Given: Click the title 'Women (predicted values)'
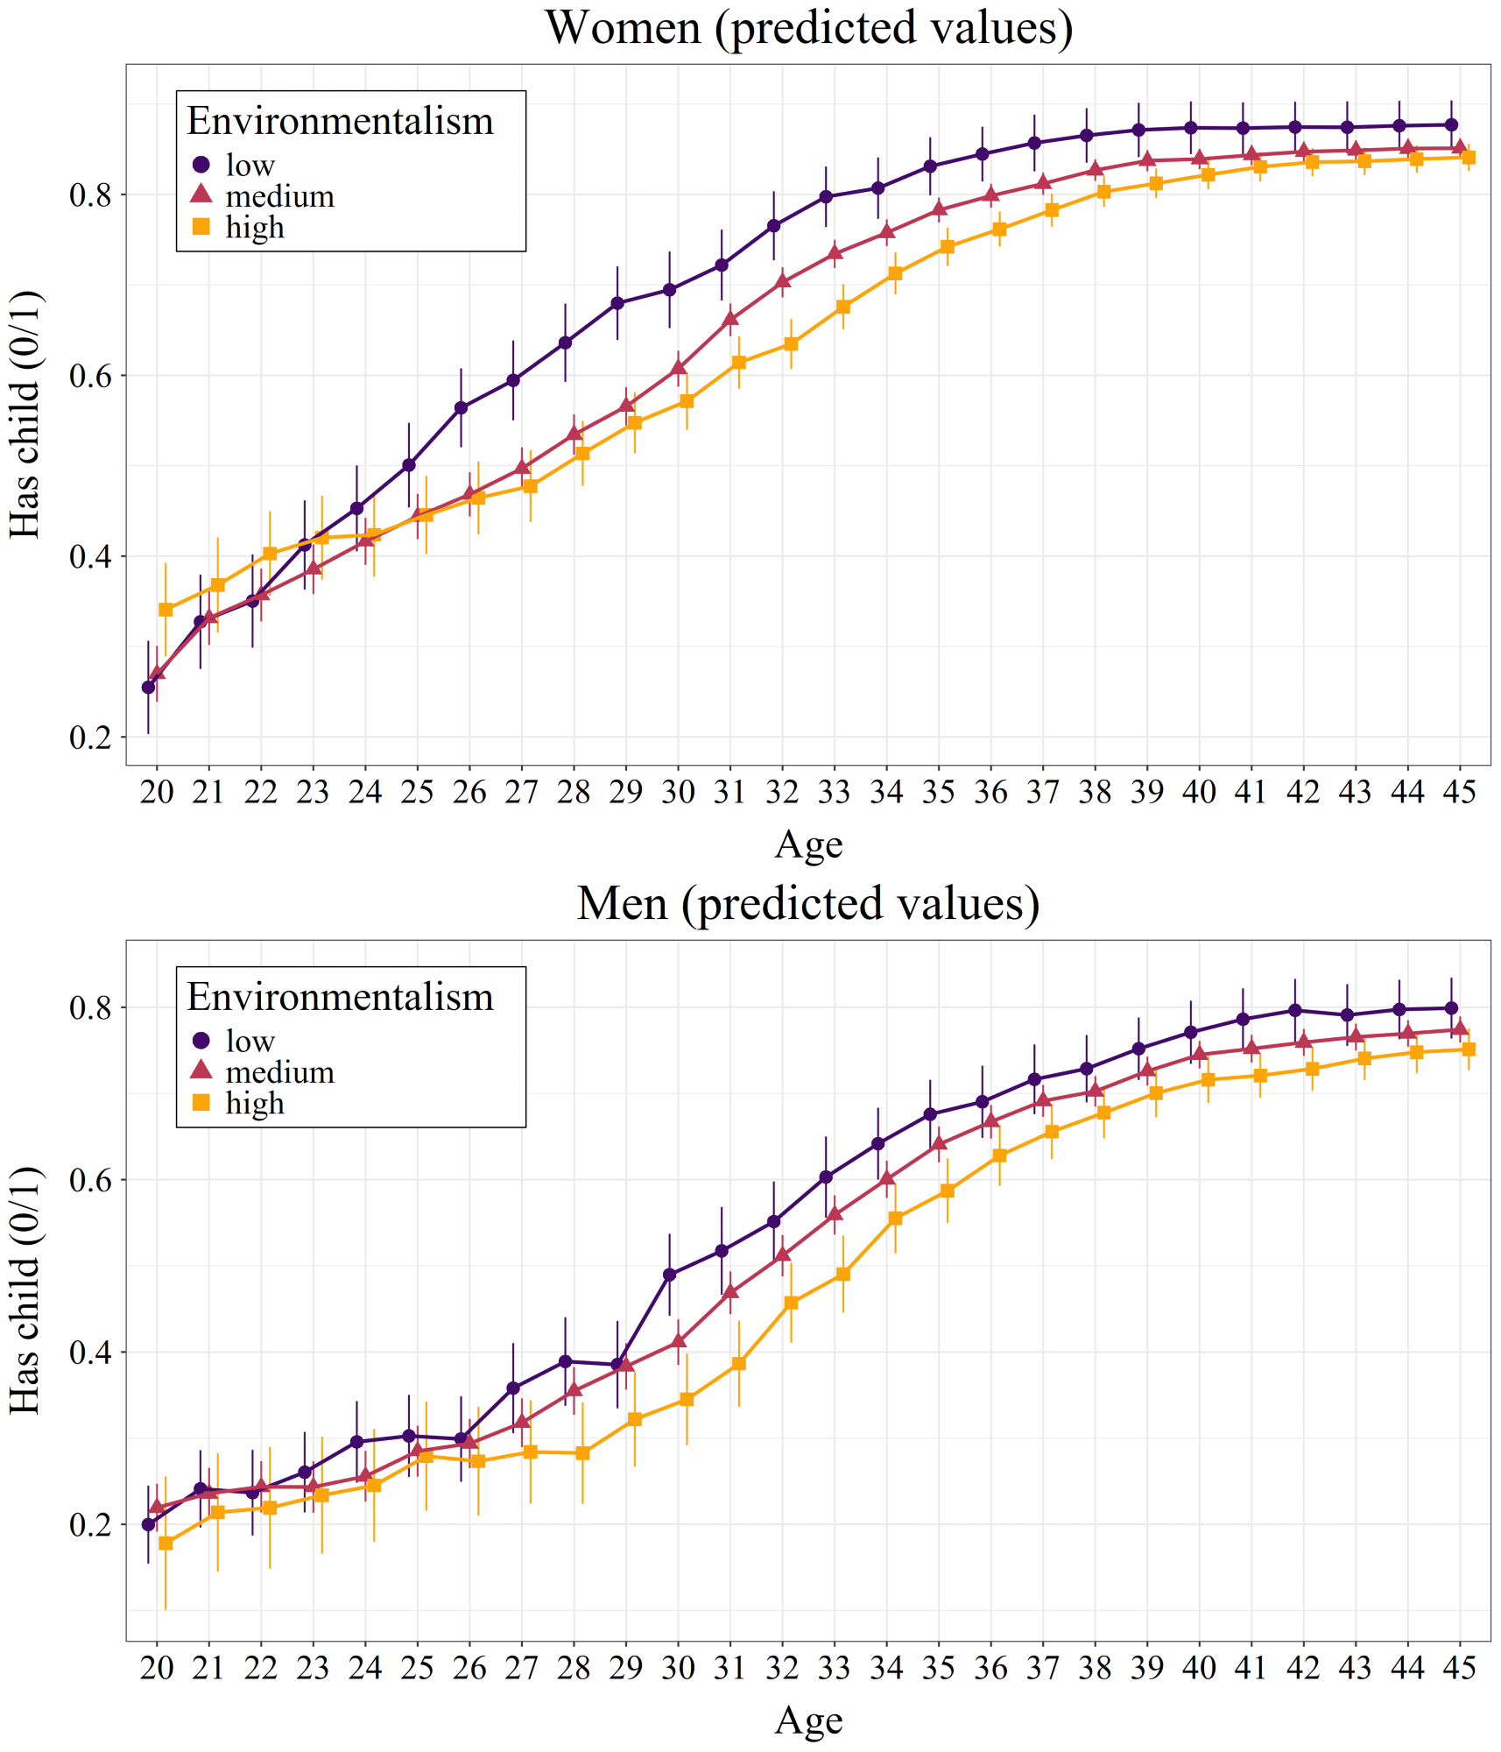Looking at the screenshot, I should pyautogui.click(x=808, y=28).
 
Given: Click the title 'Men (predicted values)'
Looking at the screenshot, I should pyautogui.click(x=808, y=903).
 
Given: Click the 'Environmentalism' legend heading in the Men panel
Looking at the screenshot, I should pyautogui.click(x=340, y=998).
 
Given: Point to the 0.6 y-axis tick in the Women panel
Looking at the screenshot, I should pyautogui.click(x=91, y=376).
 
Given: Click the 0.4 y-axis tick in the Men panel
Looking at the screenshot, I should pyautogui.click(x=91, y=1353).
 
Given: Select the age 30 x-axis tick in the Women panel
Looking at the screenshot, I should pyautogui.click(x=678, y=792).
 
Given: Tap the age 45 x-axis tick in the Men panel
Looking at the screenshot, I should pyautogui.click(x=1459, y=1668).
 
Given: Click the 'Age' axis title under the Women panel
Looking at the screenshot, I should pyautogui.click(x=808, y=844).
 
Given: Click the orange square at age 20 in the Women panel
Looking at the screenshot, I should pyautogui.click(x=166, y=610).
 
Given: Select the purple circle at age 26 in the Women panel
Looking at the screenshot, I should pyautogui.click(x=462, y=407).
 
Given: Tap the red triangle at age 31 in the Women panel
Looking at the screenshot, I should pyautogui.click(x=730, y=318).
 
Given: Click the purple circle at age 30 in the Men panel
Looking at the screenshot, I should pyautogui.click(x=670, y=1275).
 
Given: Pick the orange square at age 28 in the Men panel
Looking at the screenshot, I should pyautogui.click(x=582, y=1453).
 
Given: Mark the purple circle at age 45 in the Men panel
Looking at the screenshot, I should pyautogui.click(x=1451, y=1008).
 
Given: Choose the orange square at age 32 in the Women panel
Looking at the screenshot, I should pyautogui.click(x=791, y=344).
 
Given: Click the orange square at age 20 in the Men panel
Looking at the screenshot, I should pyautogui.click(x=166, y=1544).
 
